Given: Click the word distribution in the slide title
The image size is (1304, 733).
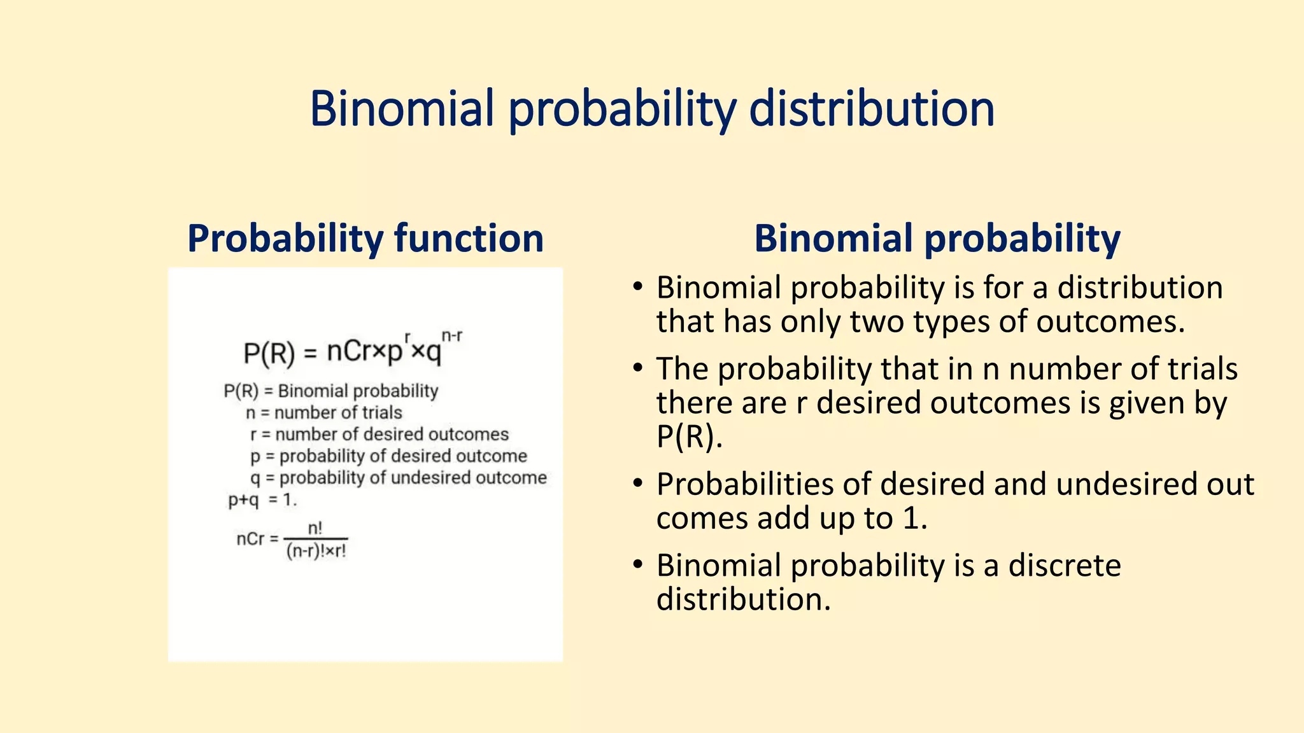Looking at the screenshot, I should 871,109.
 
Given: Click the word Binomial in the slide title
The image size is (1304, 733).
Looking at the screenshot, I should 402,109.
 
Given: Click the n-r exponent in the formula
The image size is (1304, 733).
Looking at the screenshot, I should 451,336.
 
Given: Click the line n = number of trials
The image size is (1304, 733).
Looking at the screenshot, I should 324,413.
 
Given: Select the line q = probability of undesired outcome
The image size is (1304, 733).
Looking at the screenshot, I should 399,478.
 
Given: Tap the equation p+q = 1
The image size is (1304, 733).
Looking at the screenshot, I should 262,500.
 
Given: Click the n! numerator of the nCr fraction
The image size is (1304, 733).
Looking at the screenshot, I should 315,528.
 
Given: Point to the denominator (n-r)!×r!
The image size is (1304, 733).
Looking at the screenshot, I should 316,551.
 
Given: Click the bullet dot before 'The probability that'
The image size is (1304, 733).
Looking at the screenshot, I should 637,368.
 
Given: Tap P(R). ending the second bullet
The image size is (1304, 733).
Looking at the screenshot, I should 689,437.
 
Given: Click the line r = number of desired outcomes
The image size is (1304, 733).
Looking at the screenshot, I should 379,435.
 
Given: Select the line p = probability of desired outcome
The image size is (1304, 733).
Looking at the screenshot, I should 388,456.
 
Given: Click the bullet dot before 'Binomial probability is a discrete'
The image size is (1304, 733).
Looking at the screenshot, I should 637,565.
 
